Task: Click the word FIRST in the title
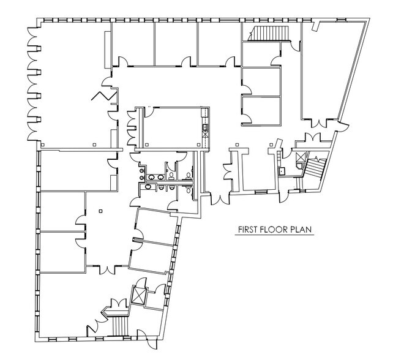coord(249,231)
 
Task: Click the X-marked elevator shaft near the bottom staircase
coord(140,296)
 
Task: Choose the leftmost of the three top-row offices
coord(133,43)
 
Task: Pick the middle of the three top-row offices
coord(175,43)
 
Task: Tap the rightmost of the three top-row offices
coord(218,43)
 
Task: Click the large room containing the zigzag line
coord(70,86)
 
